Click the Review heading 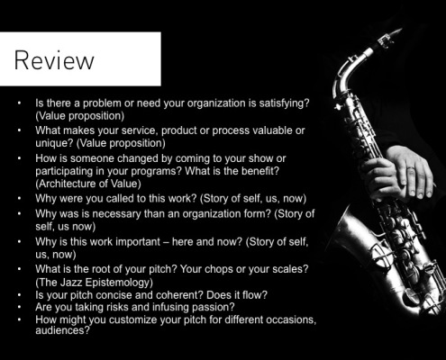tap(54, 60)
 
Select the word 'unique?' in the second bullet tap(54, 143)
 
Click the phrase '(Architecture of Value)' tap(88, 184)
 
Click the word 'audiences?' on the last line tap(62, 330)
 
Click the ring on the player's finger tap(411, 171)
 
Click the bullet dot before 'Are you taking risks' tap(19, 307)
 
